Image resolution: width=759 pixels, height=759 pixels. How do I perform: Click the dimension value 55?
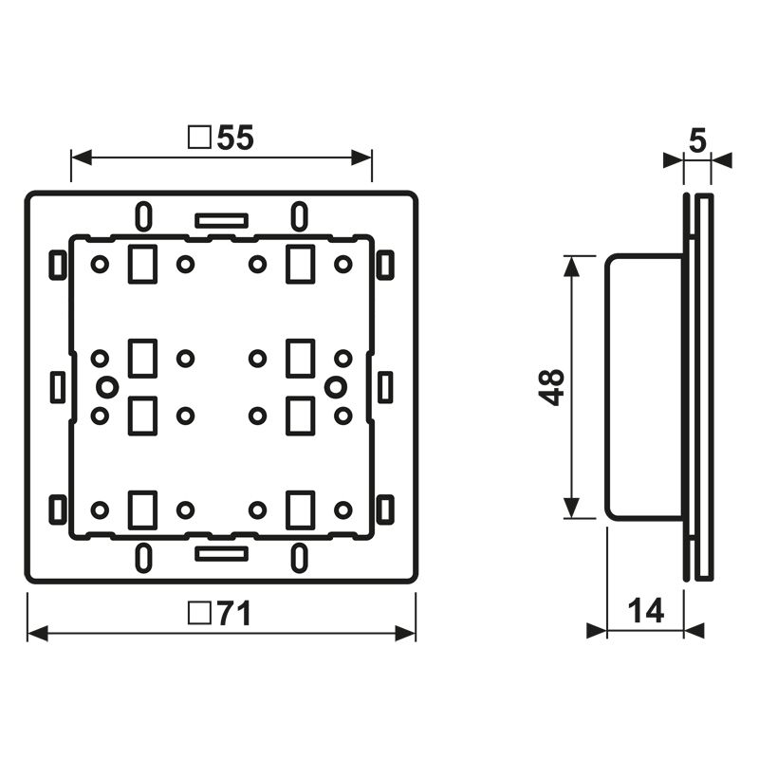(x=235, y=139)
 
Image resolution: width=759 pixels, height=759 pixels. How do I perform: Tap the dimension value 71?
(x=231, y=615)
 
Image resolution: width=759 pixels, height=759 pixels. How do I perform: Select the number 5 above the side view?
(x=697, y=141)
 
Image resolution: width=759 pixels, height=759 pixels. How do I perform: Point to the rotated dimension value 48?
(x=553, y=386)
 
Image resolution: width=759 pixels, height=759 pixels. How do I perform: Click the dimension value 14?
(x=645, y=610)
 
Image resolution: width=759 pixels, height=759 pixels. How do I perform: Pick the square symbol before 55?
(x=199, y=139)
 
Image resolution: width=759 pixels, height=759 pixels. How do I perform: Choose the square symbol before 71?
(x=198, y=615)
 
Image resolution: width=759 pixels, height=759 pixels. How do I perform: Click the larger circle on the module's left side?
(x=107, y=386)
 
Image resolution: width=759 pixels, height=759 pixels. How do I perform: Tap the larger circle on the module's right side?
(x=335, y=386)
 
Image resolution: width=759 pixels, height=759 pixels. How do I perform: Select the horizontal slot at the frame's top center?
(x=221, y=220)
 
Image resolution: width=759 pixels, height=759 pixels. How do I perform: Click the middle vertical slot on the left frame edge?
(x=57, y=386)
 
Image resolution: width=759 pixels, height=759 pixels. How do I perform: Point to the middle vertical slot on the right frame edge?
(x=385, y=386)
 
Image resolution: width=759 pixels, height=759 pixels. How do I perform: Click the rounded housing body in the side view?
(x=643, y=386)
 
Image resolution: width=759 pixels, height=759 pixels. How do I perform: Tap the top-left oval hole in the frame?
(x=141, y=216)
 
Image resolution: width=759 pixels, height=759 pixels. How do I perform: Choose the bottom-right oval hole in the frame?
(x=299, y=555)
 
